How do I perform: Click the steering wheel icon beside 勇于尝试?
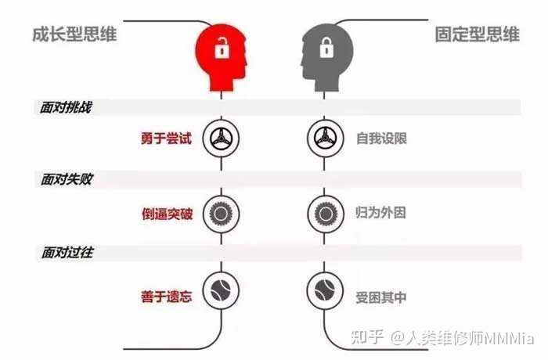(220, 139)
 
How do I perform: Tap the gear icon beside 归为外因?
(323, 212)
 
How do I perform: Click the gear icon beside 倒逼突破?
(220, 212)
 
